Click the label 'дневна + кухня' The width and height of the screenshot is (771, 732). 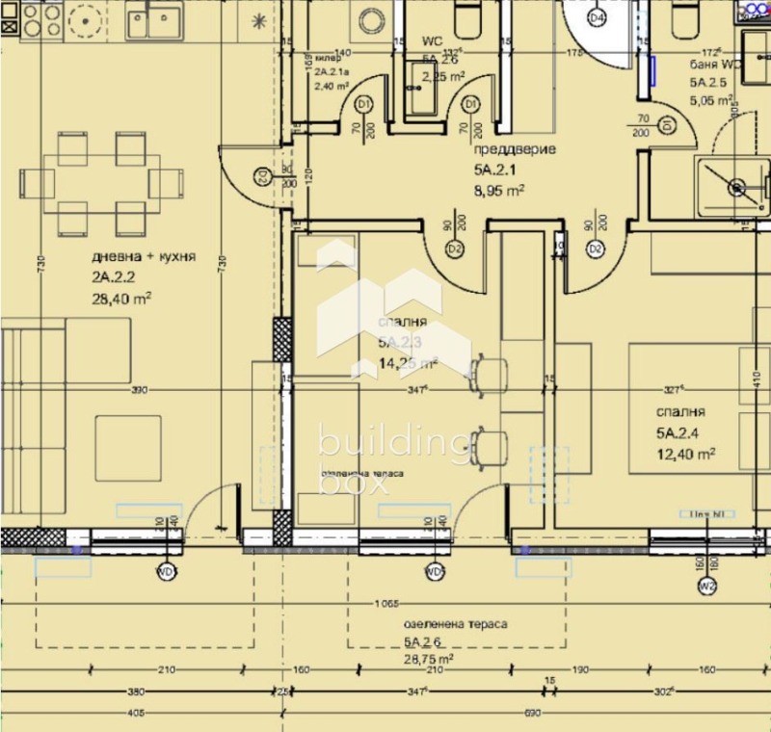[x=144, y=257]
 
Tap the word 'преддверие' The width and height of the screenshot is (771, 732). [x=504, y=150]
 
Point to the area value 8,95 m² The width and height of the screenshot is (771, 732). [x=498, y=191]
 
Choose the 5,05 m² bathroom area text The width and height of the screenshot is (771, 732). [x=711, y=96]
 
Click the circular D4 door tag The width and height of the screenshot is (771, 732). [x=597, y=17]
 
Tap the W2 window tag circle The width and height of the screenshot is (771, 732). [x=707, y=586]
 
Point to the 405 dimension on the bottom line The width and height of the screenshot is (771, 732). [x=135, y=713]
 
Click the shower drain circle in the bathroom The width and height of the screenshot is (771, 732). [x=737, y=188]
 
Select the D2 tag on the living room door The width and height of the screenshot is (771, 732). [x=261, y=175]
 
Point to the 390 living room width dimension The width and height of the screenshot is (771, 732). [x=139, y=390]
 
